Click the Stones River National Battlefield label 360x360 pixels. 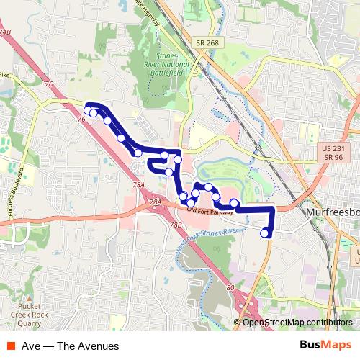coord(172,63)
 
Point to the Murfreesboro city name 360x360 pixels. coord(328,214)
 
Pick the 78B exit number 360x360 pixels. coord(176,225)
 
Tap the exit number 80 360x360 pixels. coord(230,289)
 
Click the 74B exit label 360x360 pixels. coord(5,33)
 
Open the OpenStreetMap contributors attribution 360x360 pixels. coord(297,323)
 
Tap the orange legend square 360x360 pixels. coord(12,346)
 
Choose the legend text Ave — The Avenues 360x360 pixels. coord(70,346)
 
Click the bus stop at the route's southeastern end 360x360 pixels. coord(265,233)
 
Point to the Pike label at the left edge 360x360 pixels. coord(4,74)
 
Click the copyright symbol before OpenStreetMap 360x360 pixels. coord(238,323)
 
